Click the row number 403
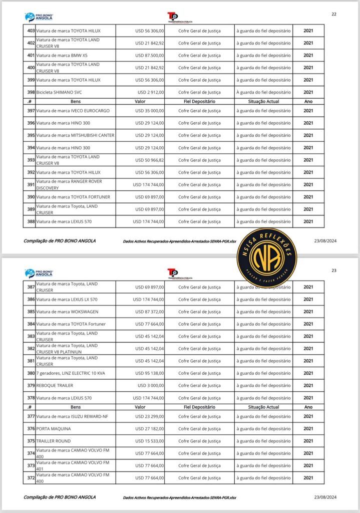31,31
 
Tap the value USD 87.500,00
149,56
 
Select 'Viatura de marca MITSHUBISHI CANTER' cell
75,135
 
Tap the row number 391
31,184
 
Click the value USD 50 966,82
149,160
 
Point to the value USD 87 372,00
149,312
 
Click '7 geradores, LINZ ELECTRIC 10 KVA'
73,373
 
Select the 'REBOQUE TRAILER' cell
55,386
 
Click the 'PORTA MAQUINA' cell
54,429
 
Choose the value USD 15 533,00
149,441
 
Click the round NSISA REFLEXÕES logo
266,258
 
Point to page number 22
334,14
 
